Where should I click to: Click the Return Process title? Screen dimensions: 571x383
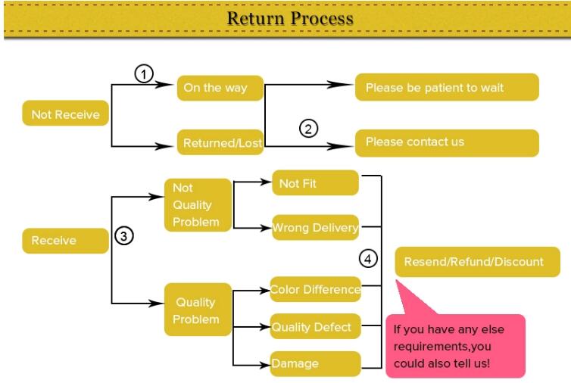point(290,18)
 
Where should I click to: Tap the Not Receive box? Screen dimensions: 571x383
point(66,114)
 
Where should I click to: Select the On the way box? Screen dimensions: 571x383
point(220,88)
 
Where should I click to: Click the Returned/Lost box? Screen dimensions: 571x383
point(220,142)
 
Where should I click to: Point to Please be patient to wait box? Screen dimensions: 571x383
point(447,87)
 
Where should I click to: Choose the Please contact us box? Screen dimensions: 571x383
point(447,143)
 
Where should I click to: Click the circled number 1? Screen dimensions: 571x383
point(144,74)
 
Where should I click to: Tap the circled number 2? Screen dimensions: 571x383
point(308,129)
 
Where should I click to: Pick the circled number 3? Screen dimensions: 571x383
point(123,236)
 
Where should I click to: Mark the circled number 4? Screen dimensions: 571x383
point(368,259)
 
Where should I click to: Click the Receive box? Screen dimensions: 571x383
point(66,241)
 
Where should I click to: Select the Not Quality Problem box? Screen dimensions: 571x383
point(198,205)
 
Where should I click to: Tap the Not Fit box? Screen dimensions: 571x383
point(315,182)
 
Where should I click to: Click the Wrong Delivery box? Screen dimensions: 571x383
point(315,228)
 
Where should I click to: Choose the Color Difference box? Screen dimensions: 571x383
point(315,289)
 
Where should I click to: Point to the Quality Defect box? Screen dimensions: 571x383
point(315,326)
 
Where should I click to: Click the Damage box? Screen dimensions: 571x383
point(315,364)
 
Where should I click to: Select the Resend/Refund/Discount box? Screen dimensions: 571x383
point(477,262)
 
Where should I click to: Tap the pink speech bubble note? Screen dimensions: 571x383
point(456,346)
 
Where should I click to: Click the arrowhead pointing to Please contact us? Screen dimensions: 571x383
point(339,146)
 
